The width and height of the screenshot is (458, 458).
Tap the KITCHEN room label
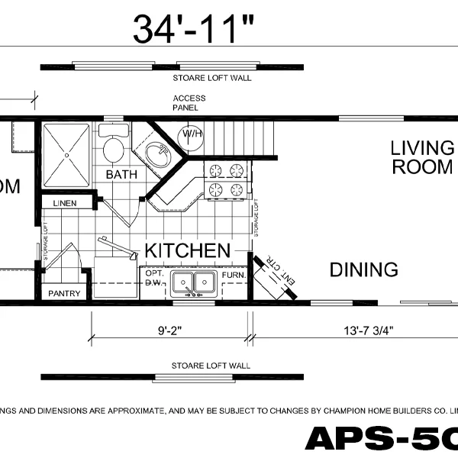pos(187,250)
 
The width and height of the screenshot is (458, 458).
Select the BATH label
pos(121,175)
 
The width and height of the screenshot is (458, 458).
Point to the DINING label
pos(363,269)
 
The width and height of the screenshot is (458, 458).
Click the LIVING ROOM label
pos(422,157)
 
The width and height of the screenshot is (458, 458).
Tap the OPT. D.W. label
pos(154,278)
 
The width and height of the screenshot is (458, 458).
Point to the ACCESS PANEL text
pos(185,103)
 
